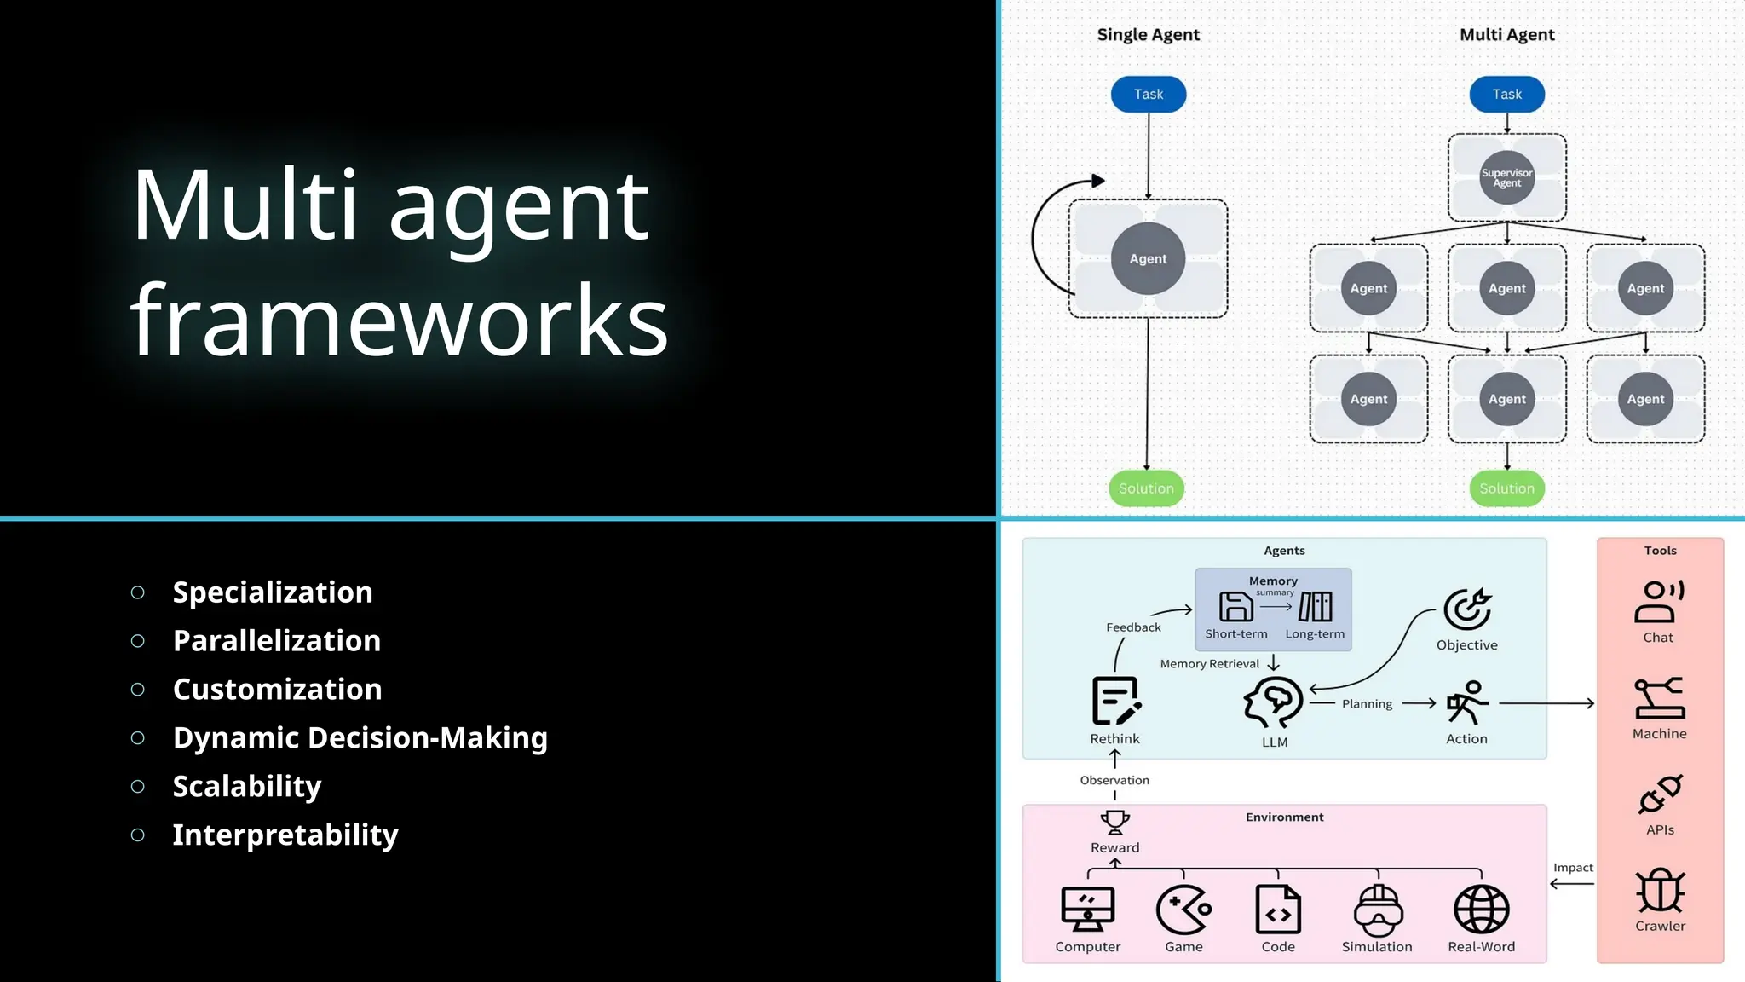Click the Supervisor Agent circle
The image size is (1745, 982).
pos(1506,178)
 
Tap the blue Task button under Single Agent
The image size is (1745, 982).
pos(1148,95)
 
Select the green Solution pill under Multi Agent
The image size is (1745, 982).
pos(1506,488)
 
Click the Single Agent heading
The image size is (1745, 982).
pos(1148,35)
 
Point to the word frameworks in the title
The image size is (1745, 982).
pos(399,321)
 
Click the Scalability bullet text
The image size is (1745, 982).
pos(247,786)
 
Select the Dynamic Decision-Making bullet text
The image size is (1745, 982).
pos(360,737)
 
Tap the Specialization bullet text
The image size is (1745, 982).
pos(273,592)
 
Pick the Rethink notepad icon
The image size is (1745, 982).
pos(1115,701)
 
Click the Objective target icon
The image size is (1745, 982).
pos(1466,609)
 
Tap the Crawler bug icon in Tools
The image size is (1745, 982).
pos(1660,891)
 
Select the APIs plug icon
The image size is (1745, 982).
pos(1660,794)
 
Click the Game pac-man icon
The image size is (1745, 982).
pos(1183,910)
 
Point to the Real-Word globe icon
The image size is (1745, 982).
pos(1481,909)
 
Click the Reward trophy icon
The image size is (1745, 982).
pos(1114,822)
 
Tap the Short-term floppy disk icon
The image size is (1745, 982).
pos(1235,607)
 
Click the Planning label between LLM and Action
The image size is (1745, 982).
pos(1367,704)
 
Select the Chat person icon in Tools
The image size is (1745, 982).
pos(1658,601)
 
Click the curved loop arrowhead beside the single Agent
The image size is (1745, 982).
pos(1098,181)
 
